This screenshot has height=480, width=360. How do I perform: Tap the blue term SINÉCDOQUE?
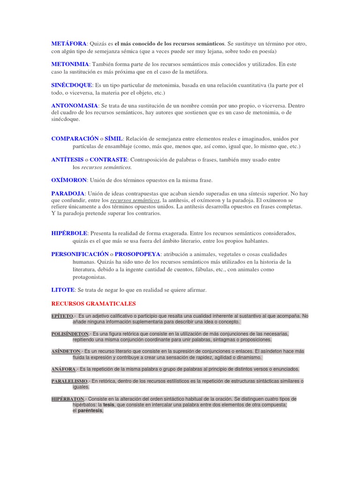(72, 85)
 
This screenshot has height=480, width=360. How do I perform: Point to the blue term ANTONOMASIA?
(75, 106)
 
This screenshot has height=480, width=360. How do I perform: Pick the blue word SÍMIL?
(113, 139)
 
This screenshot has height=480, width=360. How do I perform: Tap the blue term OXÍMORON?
(69, 180)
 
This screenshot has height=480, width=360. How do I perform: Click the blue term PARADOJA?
(67, 193)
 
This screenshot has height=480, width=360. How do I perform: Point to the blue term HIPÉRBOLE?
(69, 233)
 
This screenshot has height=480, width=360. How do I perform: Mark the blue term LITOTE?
(63, 290)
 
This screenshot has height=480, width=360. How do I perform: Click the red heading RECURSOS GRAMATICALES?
(93, 304)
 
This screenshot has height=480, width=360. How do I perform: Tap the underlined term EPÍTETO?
(62, 316)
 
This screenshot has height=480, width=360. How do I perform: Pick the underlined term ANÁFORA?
(63, 369)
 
